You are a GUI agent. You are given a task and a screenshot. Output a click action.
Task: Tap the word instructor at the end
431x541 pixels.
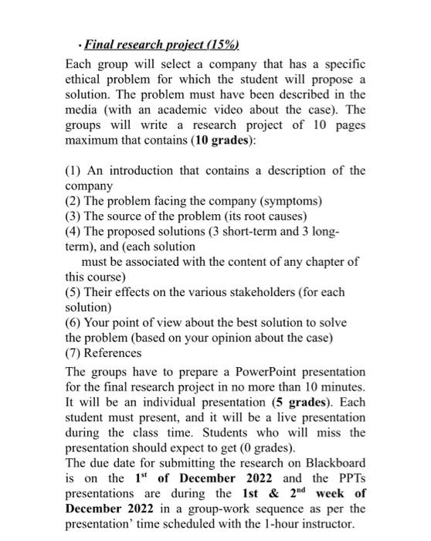pyautogui.click(x=334, y=526)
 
